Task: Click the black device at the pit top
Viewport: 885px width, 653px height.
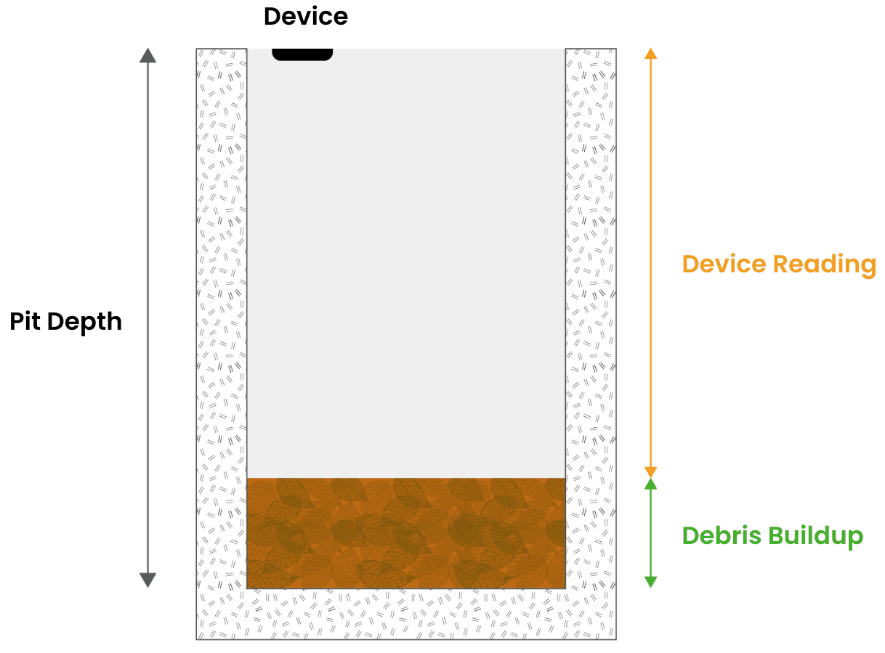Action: click(x=302, y=54)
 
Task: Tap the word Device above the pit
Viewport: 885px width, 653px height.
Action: click(x=305, y=16)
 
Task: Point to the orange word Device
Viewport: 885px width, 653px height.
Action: click(x=724, y=264)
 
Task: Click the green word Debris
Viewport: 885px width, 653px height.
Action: click(x=722, y=536)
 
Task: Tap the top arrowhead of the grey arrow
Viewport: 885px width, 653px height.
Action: click(x=147, y=55)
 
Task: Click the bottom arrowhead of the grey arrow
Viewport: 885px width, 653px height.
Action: click(x=147, y=580)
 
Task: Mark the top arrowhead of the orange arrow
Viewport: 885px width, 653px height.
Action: click(x=650, y=53)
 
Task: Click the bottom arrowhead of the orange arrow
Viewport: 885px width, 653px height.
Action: click(x=650, y=472)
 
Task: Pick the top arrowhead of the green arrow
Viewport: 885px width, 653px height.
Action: click(x=650, y=484)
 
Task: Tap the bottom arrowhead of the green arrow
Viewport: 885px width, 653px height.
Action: click(x=650, y=582)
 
